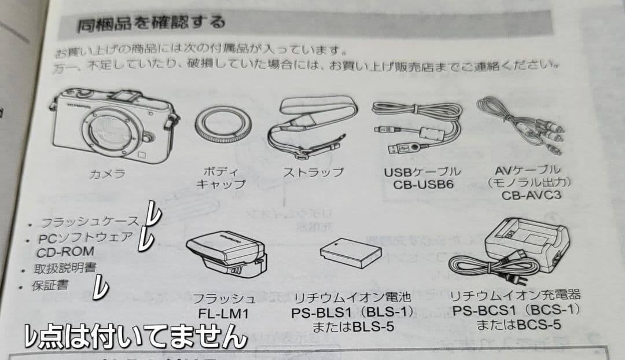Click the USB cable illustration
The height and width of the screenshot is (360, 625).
414,131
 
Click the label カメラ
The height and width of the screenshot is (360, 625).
107,173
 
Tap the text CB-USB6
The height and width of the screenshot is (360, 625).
422,185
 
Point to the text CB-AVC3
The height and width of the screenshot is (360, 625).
531,196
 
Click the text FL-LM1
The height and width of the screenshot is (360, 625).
224,314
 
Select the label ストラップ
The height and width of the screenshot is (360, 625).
312,172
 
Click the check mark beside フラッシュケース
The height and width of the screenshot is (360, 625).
152,215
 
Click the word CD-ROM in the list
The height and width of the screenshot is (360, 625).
65,252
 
